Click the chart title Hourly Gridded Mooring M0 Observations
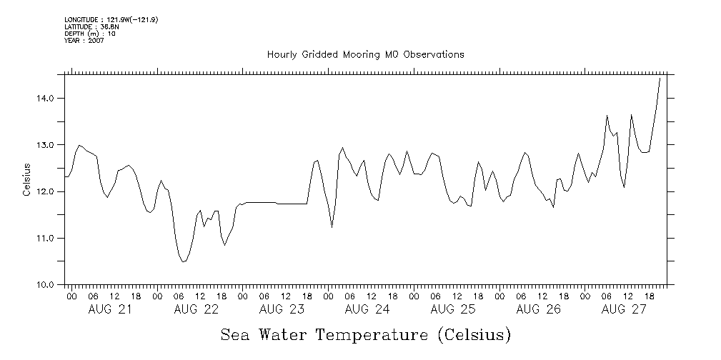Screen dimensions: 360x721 [x=365, y=54]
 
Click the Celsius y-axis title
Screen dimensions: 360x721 [x=26, y=179]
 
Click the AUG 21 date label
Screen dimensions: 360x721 [x=110, y=309]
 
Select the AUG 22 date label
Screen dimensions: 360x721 [x=196, y=309]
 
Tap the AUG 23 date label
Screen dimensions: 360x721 [x=282, y=309]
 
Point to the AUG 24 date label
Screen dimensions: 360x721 [x=367, y=309]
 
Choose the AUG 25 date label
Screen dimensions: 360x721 [x=453, y=309]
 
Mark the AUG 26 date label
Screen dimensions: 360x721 [x=539, y=309]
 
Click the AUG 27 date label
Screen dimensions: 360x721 [x=625, y=309]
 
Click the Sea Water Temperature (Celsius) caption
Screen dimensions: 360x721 [x=366, y=335]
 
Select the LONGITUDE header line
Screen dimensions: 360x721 [x=111, y=19]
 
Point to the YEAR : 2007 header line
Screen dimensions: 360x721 [x=84, y=41]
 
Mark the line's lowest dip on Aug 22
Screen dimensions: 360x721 [x=184, y=261]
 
